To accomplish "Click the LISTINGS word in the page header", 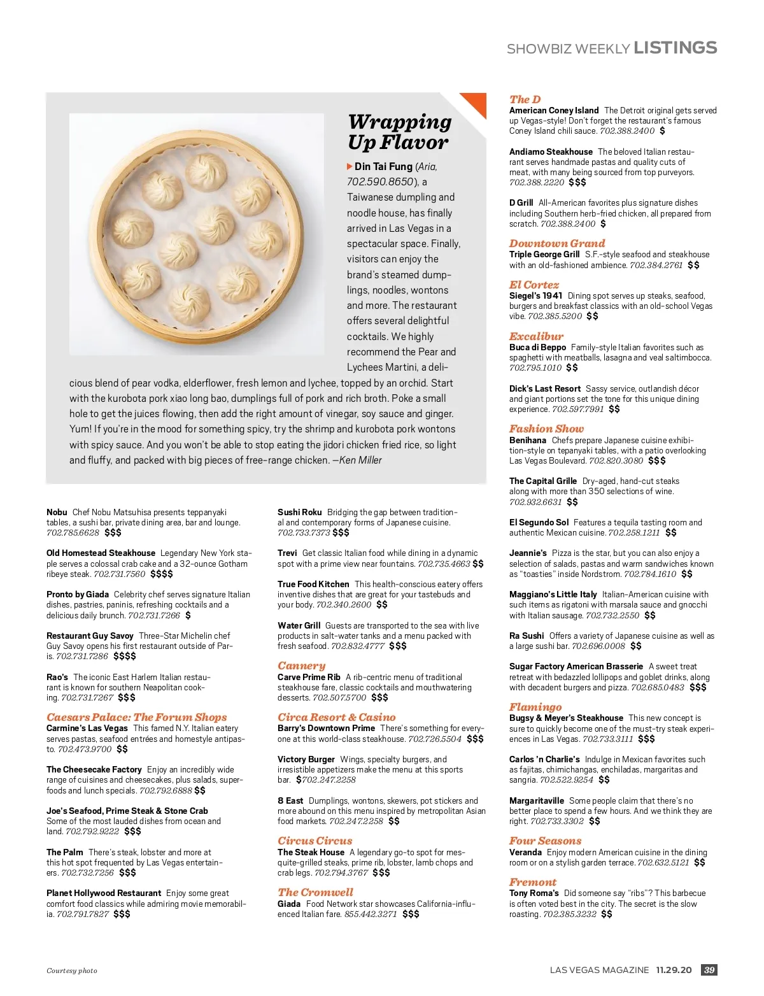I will click(x=675, y=48).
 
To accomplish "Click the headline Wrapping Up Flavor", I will click(x=399, y=132).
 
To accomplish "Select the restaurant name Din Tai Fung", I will click(x=383, y=166).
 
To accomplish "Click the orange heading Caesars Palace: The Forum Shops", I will click(x=136, y=717).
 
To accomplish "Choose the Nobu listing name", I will click(x=57, y=512).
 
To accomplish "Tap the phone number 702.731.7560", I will click(x=119, y=574).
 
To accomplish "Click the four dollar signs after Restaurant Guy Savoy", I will click(x=125, y=656).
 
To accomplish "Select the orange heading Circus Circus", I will click(x=315, y=841).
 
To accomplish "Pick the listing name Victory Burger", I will click(x=306, y=759).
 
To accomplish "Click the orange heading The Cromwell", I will click(x=315, y=892).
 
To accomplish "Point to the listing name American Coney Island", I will click(x=554, y=110).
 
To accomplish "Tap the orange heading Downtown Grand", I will click(x=557, y=243).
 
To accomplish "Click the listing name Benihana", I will click(x=527, y=440).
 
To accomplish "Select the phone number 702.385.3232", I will click(x=569, y=914).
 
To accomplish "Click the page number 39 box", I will click(x=709, y=970).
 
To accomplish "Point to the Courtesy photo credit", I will click(x=72, y=971).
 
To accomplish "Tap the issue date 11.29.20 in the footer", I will click(x=674, y=970).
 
